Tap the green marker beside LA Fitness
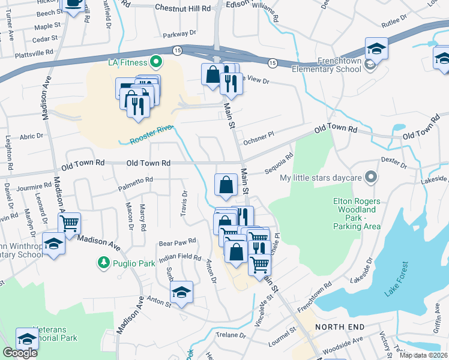[x=155, y=61]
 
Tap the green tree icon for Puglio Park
[x=104, y=262]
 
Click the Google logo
[x=20, y=353]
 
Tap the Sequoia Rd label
[x=279, y=164]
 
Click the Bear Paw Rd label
[x=178, y=242]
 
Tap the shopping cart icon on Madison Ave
[x=70, y=223]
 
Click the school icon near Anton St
[x=181, y=292]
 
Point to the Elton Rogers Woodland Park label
[x=357, y=214]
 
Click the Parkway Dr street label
[x=179, y=34]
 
